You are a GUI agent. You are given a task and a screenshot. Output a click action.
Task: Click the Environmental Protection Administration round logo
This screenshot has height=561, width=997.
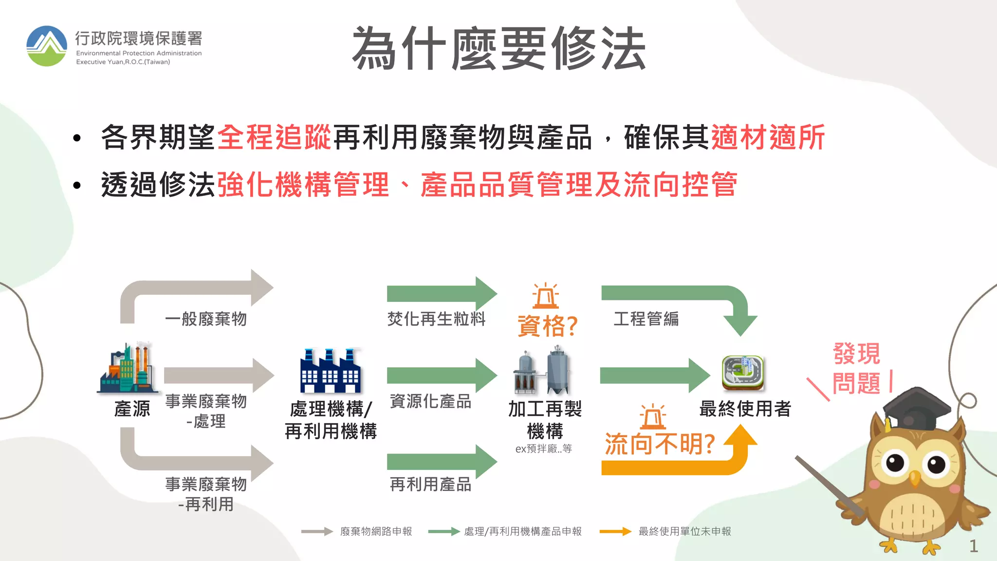click(47, 46)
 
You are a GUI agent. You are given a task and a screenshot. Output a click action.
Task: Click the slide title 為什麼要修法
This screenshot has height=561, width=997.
click(499, 49)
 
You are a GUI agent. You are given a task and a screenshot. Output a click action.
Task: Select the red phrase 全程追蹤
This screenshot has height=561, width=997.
click(274, 137)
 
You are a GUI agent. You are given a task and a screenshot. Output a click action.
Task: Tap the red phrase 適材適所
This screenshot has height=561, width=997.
click(768, 137)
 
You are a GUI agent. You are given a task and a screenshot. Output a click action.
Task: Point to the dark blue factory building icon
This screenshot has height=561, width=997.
click(331, 371)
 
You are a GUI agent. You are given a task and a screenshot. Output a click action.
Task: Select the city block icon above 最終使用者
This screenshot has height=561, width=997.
click(743, 373)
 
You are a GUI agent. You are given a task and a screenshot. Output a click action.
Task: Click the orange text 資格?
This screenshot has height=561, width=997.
click(547, 326)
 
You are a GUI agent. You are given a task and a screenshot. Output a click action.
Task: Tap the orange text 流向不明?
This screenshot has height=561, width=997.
click(660, 444)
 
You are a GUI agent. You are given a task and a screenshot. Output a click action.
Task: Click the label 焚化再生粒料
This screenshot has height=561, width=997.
click(437, 319)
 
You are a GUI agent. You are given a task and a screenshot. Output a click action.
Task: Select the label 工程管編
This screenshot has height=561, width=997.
click(646, 319)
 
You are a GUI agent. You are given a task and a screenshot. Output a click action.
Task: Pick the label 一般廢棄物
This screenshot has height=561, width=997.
click(206, 319)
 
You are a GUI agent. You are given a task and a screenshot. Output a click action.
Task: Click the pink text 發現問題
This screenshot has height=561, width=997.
click(856, 368)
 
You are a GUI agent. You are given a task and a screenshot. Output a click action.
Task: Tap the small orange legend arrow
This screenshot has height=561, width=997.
click(615, 531)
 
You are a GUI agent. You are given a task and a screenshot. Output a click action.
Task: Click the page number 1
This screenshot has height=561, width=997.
click(973, 546)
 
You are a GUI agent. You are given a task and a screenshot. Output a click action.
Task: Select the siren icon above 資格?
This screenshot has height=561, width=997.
click(545, 296)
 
